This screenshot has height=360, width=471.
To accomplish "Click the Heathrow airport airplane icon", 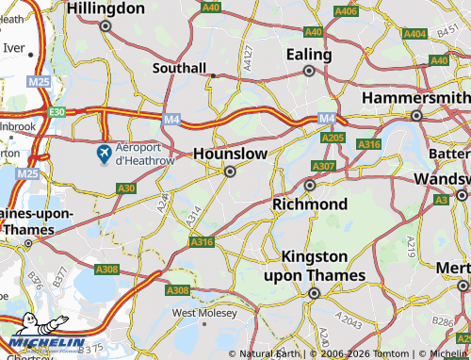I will pyautogui.click(x=105, y=153).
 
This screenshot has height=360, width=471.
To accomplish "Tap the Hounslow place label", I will pyautogui.click(x=230, y=153).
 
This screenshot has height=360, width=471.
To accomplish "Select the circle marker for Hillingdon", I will pyautogui.click(x=106, y=26).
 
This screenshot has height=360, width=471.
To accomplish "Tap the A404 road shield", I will pyautogui.click(x=414, y=34).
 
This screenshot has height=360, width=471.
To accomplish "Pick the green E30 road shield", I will pyautogui.click(x=57, y=111).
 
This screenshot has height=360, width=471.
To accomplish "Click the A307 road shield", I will pyautogui.click(x=323, y=166).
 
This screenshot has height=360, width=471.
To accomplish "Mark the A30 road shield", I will pyautogui.click(x=126, y=188).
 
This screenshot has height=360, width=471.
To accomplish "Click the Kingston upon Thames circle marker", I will pyautogui.click(x=315, y=293).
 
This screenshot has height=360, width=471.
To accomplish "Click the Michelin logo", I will pyautogui.click(x=47, y=341).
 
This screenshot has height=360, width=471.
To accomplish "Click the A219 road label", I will pyautogui.click(x=412, y=247).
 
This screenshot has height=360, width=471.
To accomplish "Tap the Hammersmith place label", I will pyautogui.click(x=415, y=98).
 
